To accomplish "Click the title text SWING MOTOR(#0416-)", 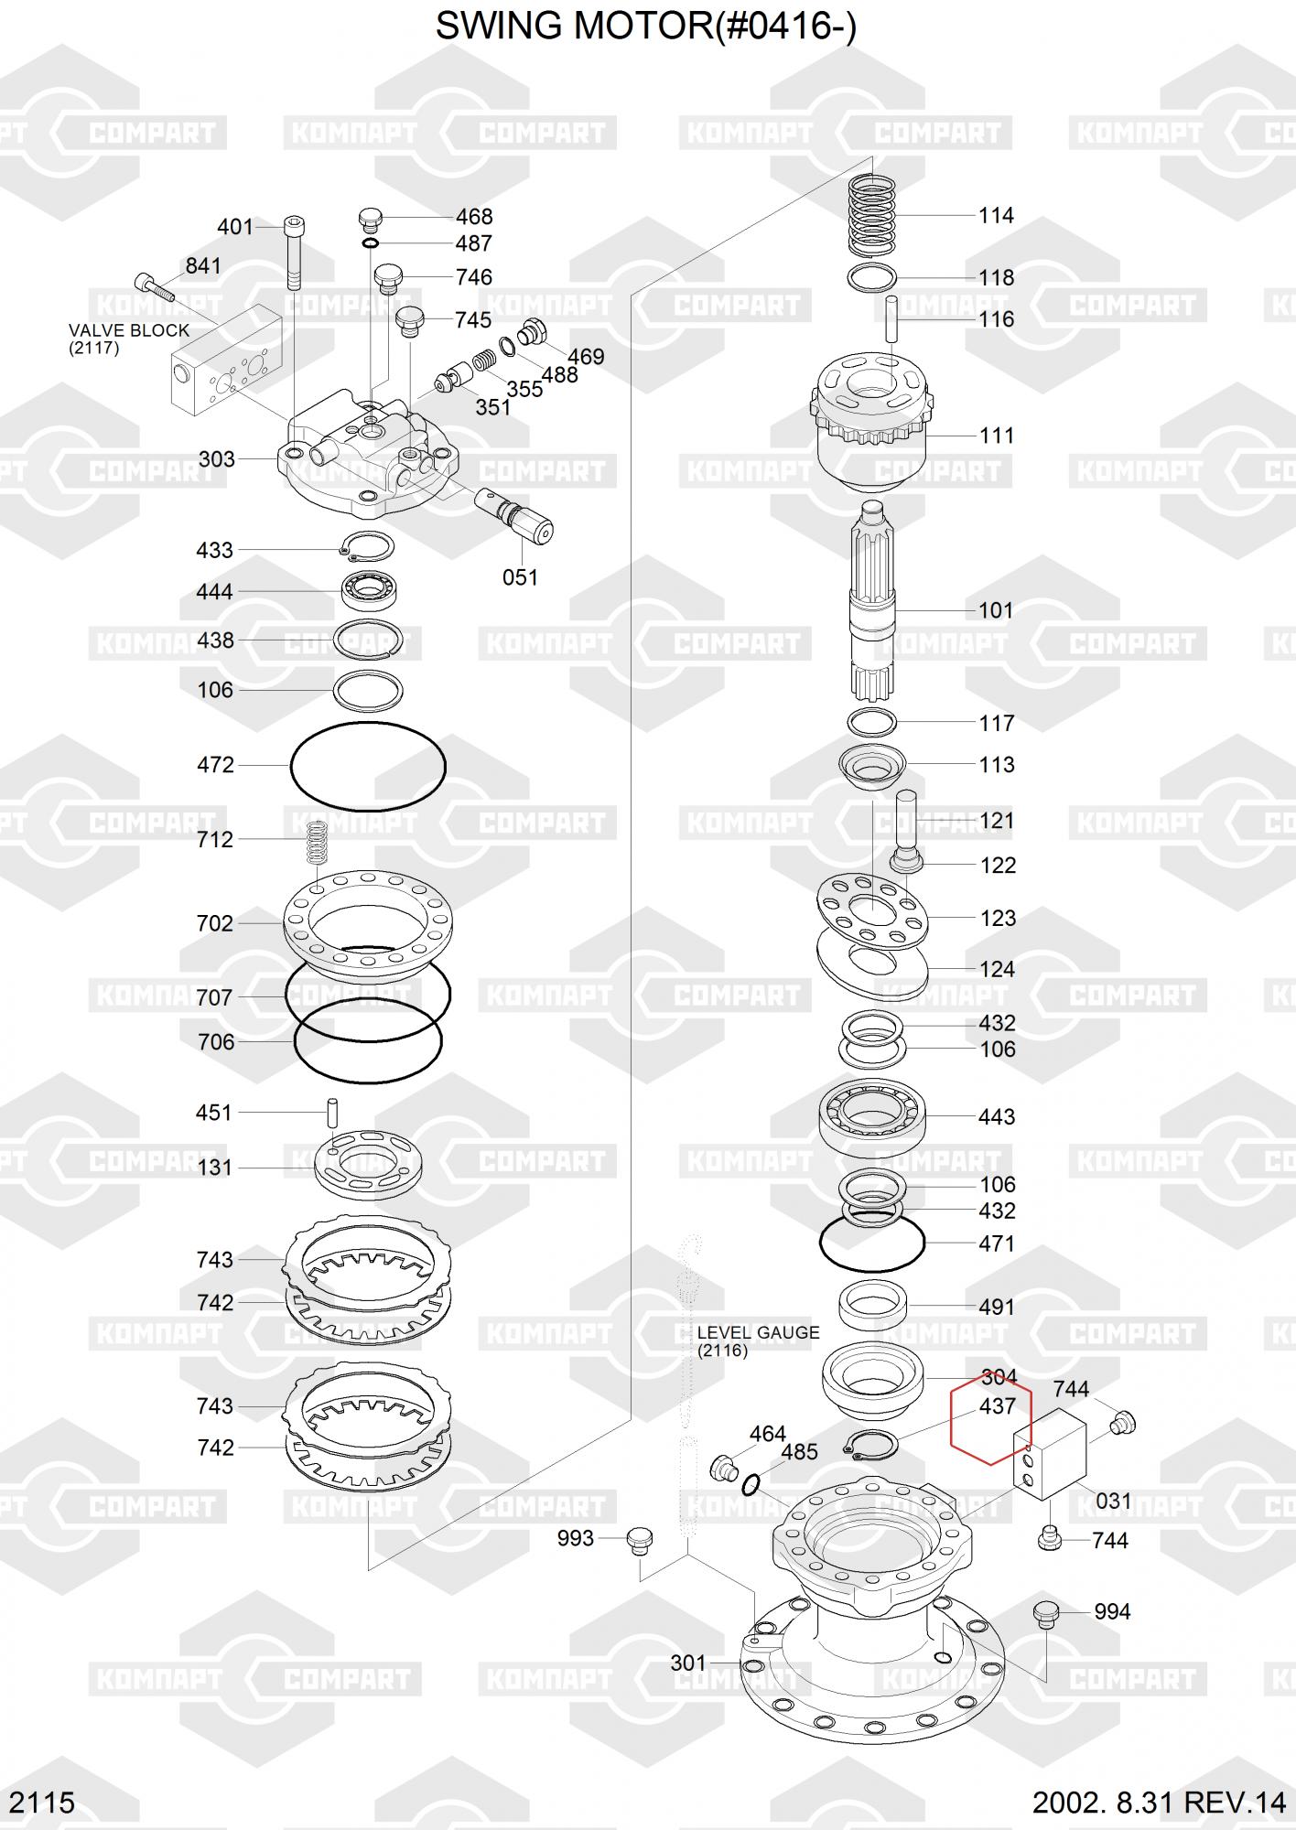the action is click(646, 27).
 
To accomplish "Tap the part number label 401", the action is click(234, 226).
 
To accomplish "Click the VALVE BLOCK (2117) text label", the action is click(129, 339).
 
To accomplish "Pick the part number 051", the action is click(520, 577).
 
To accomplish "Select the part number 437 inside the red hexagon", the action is click(997, 1405).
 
